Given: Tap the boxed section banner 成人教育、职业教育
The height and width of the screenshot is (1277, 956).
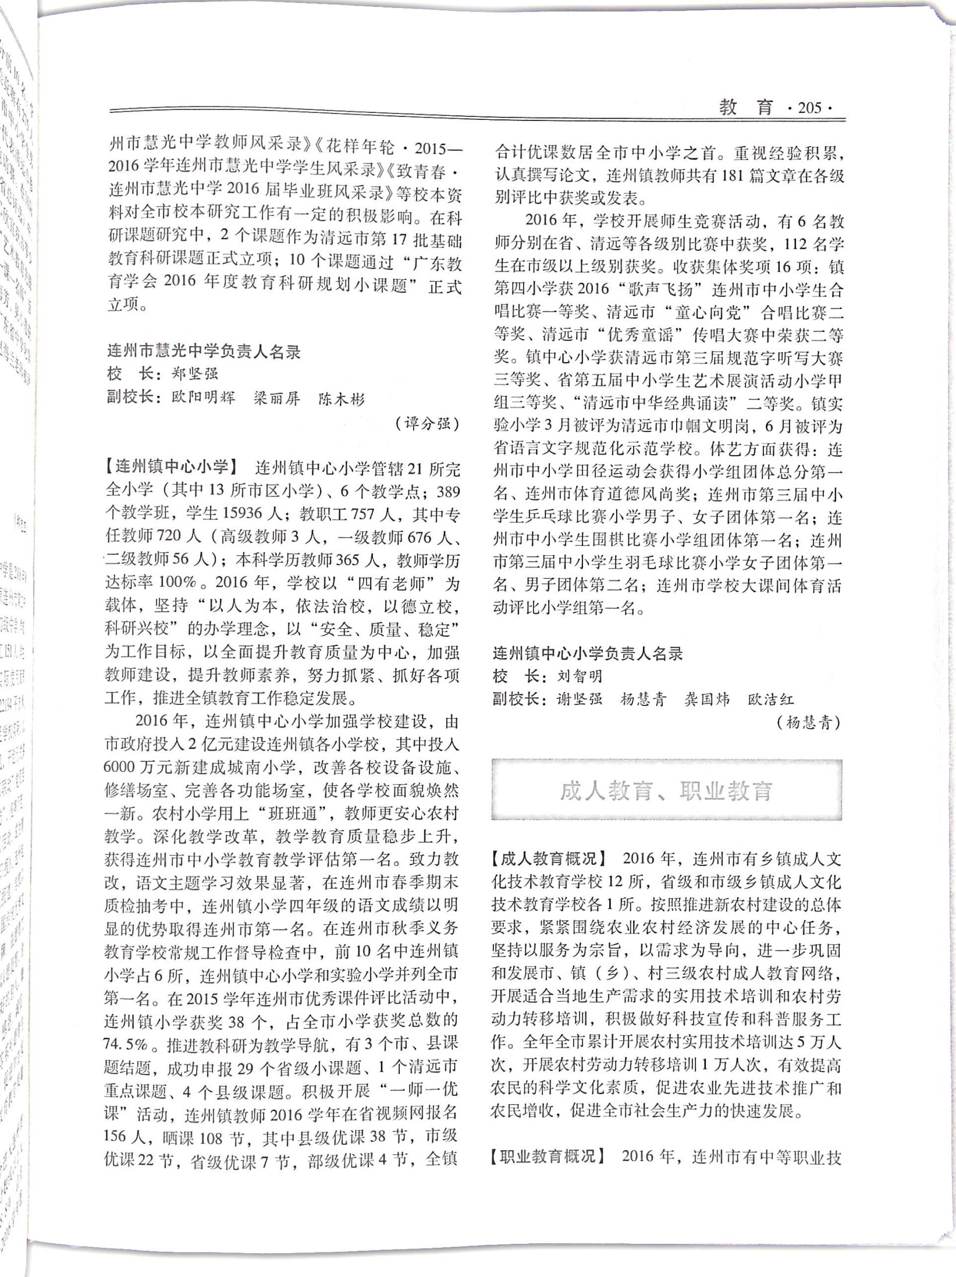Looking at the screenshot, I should pos(666,790).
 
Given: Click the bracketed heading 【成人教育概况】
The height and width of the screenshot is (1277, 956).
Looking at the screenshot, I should pos(548,858).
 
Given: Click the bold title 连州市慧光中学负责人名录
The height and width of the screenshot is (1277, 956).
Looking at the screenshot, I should pos(204,352).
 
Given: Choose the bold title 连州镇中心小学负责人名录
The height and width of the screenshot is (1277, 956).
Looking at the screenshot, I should pos(588,654).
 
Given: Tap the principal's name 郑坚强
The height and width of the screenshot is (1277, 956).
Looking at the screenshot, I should pos(195,374).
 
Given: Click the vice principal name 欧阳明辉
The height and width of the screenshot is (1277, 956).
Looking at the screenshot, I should pos(204,398).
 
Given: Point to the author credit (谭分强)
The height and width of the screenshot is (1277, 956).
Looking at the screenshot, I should pos(427,423).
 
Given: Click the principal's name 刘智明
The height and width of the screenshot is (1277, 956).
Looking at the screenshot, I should pos(580,676).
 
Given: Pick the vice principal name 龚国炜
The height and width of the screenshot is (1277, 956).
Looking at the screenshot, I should pos(707,699).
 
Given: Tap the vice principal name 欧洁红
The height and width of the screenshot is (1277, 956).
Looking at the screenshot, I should pos(770,699).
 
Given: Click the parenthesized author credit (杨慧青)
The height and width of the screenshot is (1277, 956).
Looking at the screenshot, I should pos(808,723).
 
